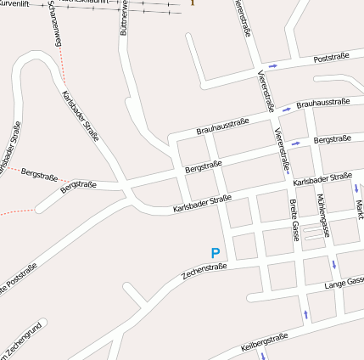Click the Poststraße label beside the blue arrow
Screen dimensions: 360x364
[332, 59]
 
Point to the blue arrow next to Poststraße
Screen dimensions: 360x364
[273, 66]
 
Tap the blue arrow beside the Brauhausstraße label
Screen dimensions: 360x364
[287, 108]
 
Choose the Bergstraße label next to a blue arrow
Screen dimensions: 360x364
[332, 138]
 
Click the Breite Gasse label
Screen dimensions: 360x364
[294, 220]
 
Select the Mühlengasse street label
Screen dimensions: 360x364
[322, 208]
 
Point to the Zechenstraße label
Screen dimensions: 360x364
[205, 272]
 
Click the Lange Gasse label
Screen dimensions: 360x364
[344, 282]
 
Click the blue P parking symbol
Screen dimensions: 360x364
[216, 253]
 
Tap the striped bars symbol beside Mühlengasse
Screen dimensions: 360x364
[313, 233]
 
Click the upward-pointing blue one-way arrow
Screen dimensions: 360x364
[305, 315]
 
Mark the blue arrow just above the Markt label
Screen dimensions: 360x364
[357, 188]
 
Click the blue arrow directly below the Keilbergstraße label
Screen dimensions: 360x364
[265, 356]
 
